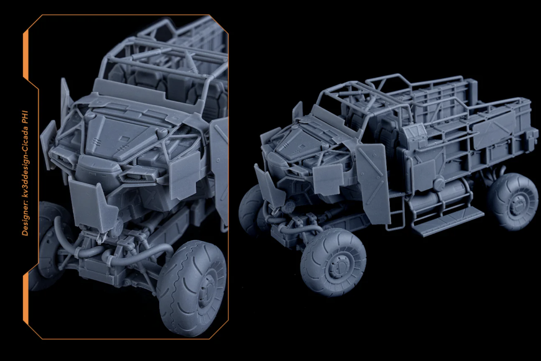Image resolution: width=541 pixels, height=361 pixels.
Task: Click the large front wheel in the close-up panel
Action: coord(192,288)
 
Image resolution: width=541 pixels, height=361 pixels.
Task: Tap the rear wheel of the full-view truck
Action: coord(514,201)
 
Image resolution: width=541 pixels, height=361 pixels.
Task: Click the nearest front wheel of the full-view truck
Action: coord(333,262)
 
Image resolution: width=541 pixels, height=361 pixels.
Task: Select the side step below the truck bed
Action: coord(448,221)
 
